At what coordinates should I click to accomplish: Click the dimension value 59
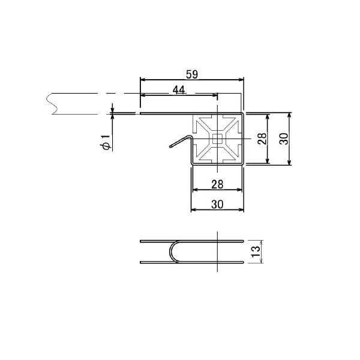(192, 74)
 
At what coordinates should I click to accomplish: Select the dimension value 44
(179, 90)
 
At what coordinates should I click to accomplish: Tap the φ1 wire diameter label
(106, 142)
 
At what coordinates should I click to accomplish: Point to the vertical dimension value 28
(262, 139)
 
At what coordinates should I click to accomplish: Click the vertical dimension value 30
(284, 139)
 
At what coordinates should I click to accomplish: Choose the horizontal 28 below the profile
(217, 184)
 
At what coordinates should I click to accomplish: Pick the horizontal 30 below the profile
(217, 204)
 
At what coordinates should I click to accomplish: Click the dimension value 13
(256, 251)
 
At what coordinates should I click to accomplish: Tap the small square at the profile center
(217, 139)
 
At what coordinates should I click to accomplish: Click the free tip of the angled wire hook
(170, 146)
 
